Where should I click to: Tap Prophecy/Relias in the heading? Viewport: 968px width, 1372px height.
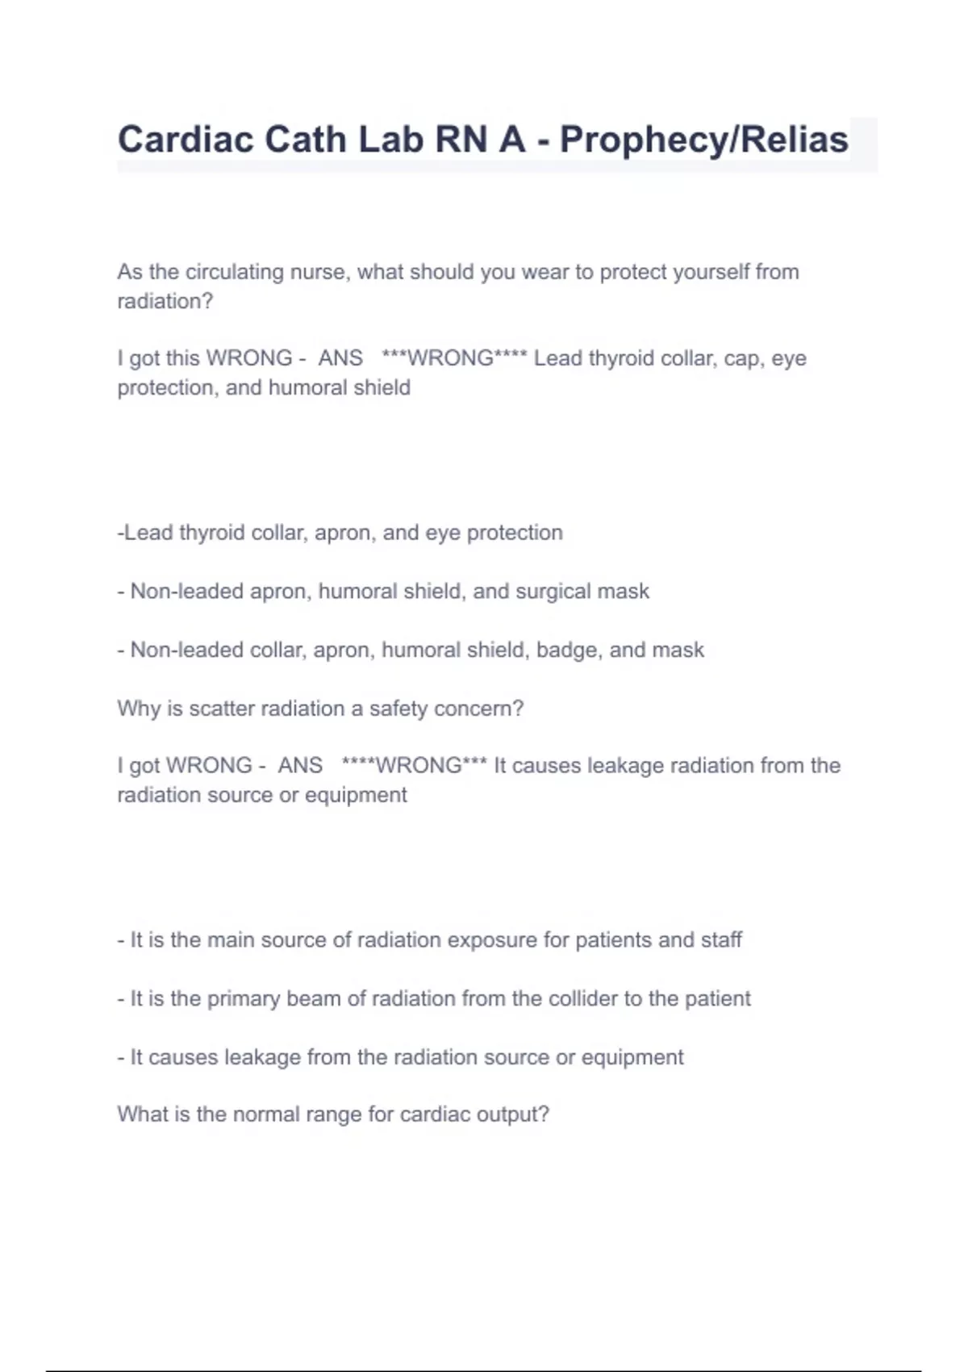(703, 140)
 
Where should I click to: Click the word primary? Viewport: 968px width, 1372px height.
(244, 999)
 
